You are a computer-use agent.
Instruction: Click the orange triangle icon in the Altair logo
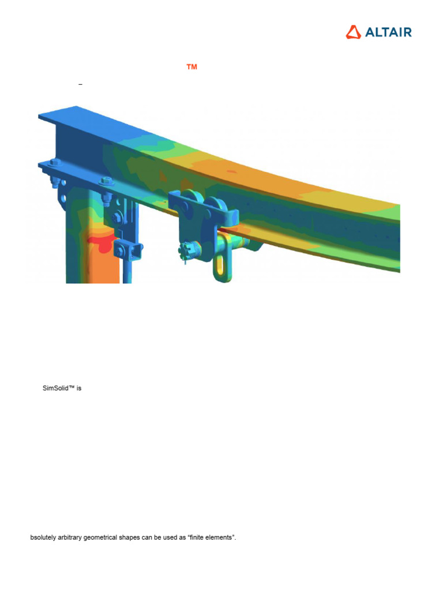click(x=354, y=32)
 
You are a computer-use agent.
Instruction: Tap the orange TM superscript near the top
click(x=192, y=68)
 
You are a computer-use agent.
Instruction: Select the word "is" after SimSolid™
click(x=79, y=388)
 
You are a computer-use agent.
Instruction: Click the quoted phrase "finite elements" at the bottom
click(x=210, y=537)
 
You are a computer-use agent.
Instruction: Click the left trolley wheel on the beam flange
click(x=193, y=200)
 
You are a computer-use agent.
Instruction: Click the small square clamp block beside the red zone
click(x=127, y=249)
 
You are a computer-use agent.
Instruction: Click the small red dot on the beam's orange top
click(x=230, y=171)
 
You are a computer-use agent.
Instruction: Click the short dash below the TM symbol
click(x=80, y=85)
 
